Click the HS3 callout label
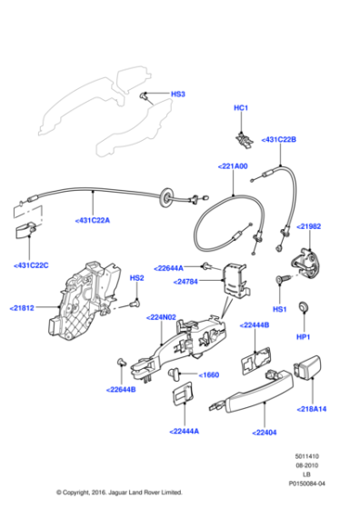pyautogui.click(x=179, y=94)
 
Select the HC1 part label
pyautogui.click(x=241, y=108)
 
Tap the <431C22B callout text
pyautogui.click(x=279, y=139)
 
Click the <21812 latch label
pyautogui.click(x=23, y=308)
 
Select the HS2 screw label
pyautogui.click(x=136, y=277)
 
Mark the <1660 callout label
pyautogui.click(x=207, y=374)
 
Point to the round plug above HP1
pyautogui.click(x=305, y=307)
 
